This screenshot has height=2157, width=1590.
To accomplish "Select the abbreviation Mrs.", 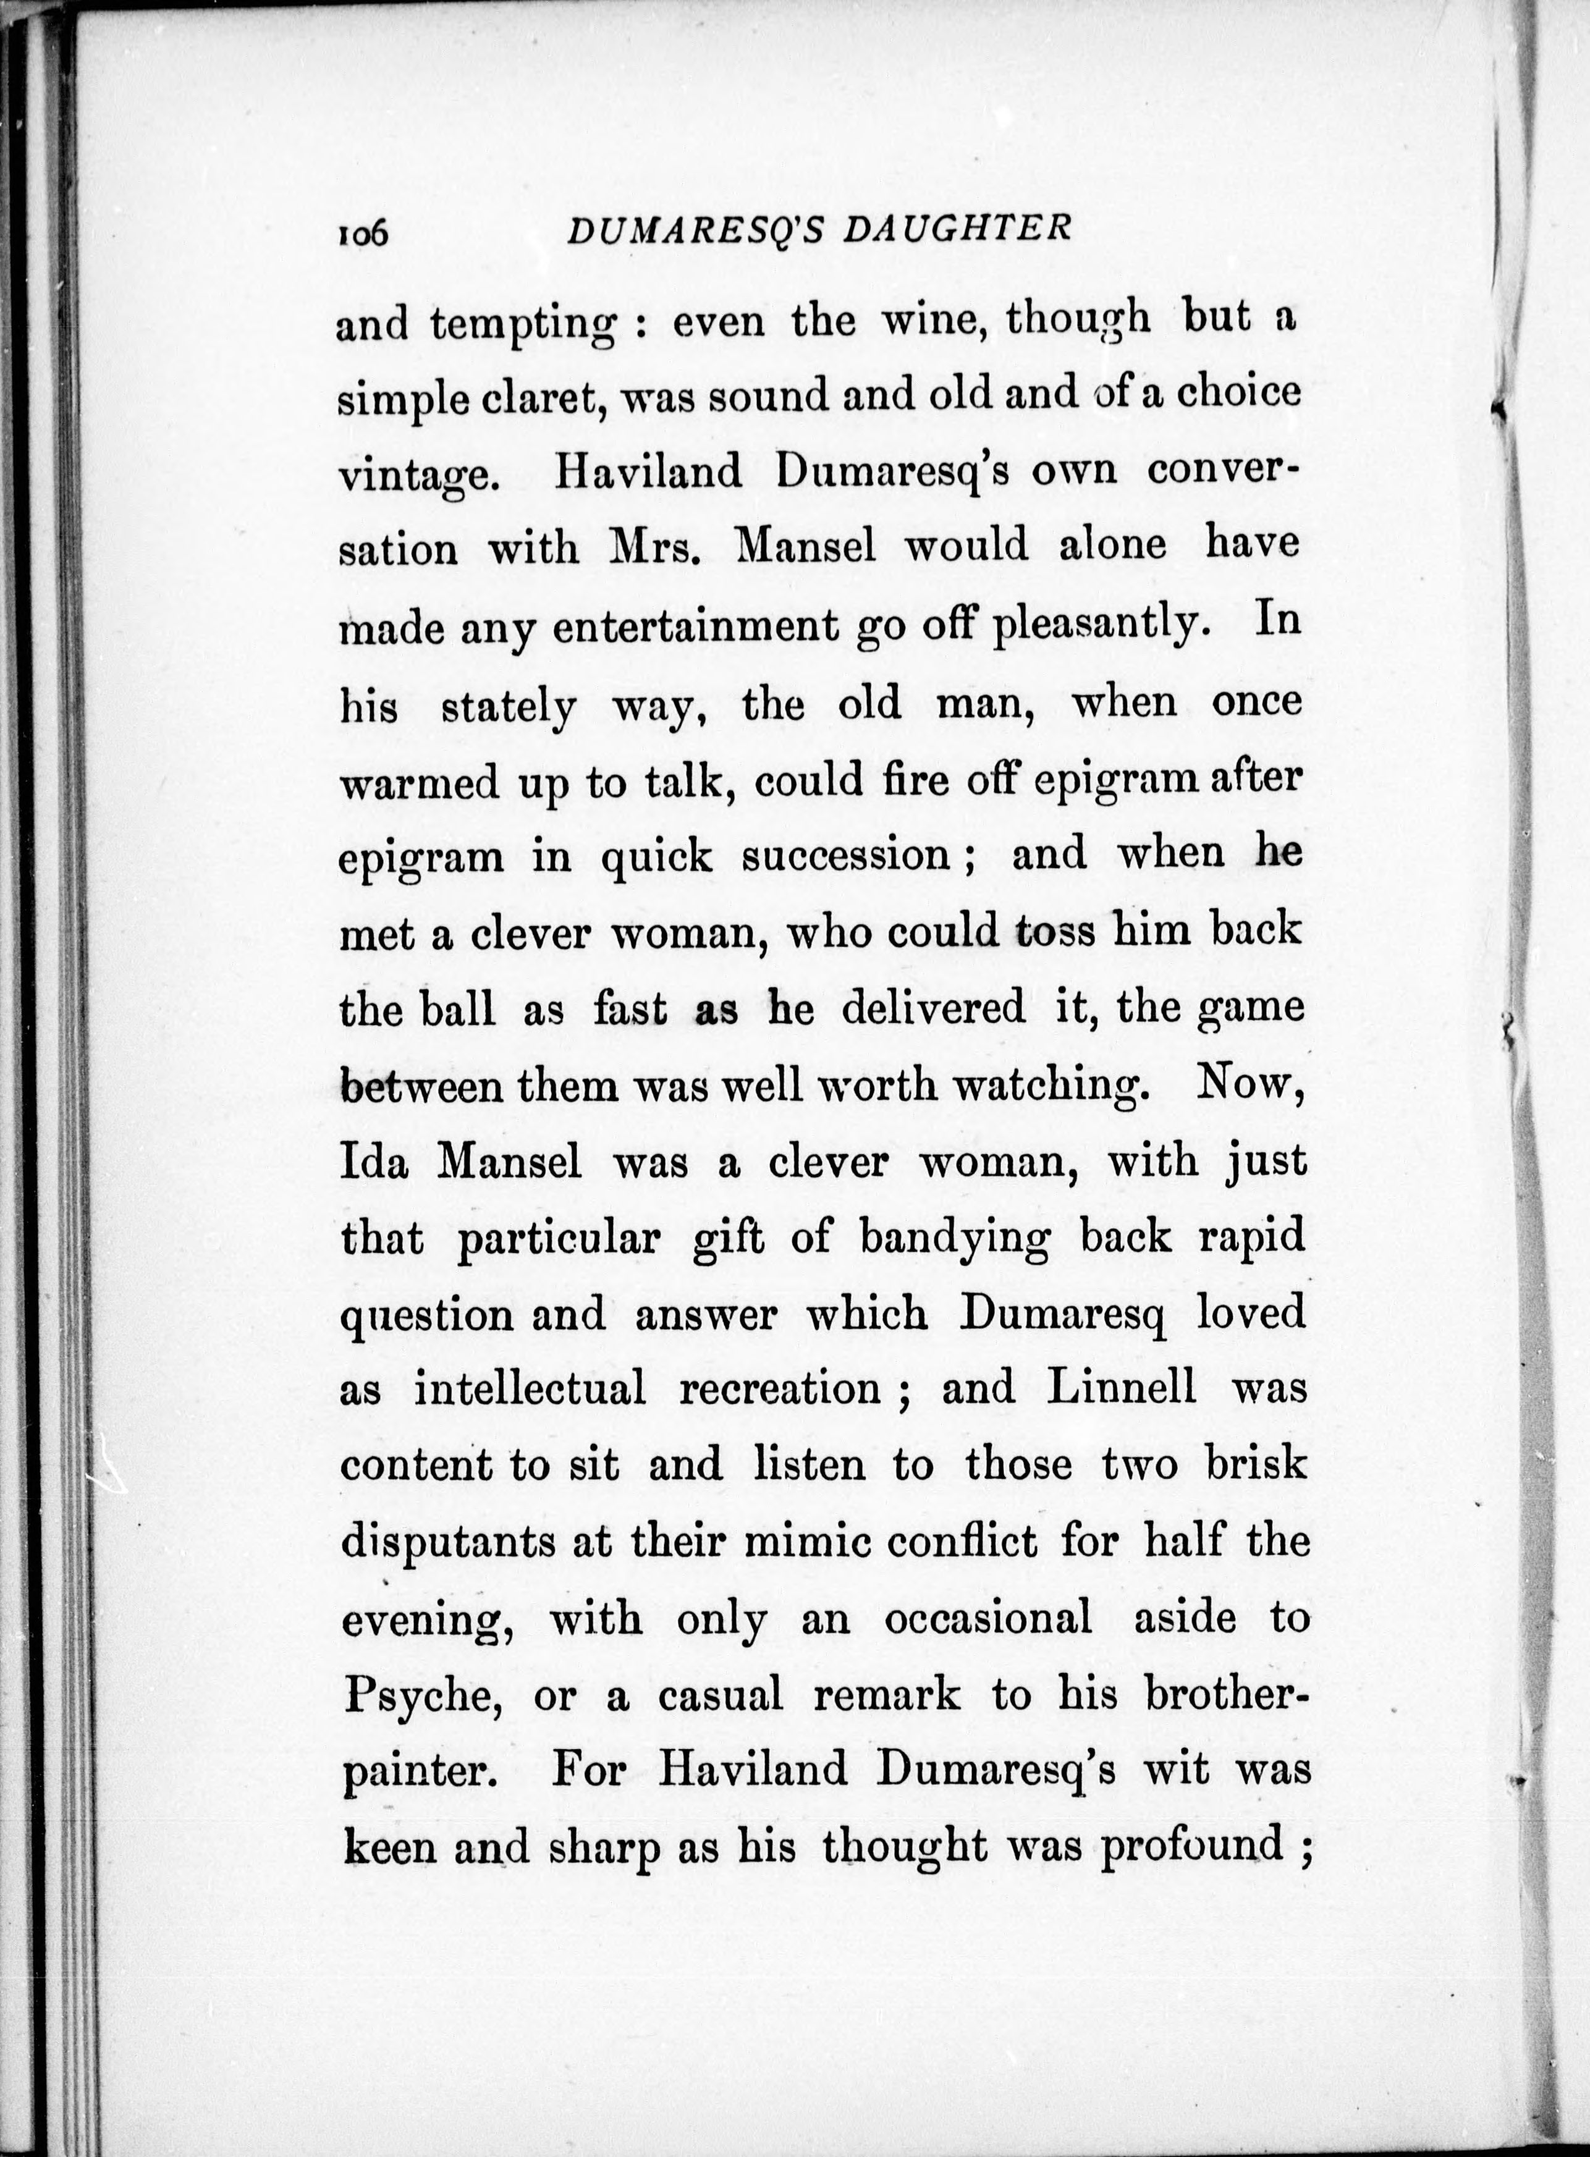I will point(656,549).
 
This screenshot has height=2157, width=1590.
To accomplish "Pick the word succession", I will point(847,855).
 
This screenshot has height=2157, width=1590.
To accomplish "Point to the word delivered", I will point(934,1008).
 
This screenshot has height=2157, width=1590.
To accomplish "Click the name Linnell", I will point(1122,1388).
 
